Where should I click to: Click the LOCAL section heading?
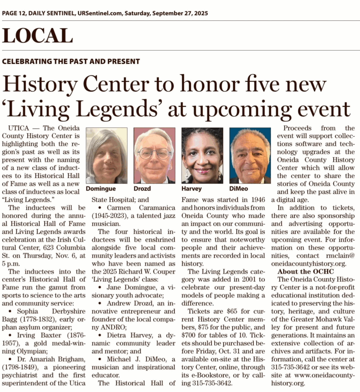(x=37, y=36)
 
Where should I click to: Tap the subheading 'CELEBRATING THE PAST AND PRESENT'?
(x=71, y=62)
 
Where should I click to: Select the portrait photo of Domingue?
(x=106, y=155)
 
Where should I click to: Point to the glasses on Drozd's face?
(x=154, y=154)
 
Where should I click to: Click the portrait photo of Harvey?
(x=202, y=155)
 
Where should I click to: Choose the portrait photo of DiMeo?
(x=250, y=155)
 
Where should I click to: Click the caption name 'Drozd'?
(x=142, y=189)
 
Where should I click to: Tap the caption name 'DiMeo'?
(x=239, y=189)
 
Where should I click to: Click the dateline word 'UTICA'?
(x=16, y=128)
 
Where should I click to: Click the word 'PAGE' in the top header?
(x=11, y=13)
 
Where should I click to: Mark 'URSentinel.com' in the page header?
(x=98, y=13)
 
